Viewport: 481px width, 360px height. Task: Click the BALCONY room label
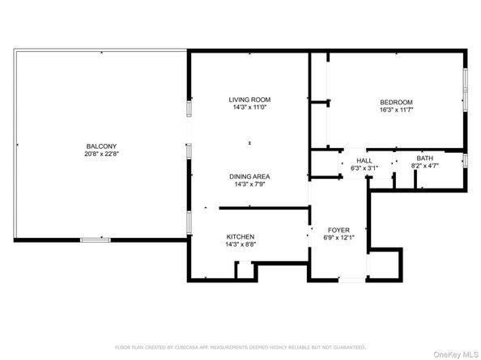click(x=101, y=146)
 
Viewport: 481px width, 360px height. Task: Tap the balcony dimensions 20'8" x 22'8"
click(x=101, y=154)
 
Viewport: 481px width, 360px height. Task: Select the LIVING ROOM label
click(x=249, y=100)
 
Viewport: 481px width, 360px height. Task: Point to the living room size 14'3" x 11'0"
click(x=249, y=108)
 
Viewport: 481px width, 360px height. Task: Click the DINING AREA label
click(x=249, y=176)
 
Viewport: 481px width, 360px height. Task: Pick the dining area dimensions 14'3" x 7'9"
click(x=249, y=184)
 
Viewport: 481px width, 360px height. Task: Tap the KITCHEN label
click(x=240, y=237)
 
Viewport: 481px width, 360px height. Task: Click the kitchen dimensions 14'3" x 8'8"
click(x=240, y=244)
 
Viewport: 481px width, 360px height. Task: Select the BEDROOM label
click(x=396, y=102)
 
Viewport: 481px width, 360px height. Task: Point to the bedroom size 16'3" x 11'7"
click(x=396, y=110)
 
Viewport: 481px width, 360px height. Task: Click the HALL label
click(x=364, y=160)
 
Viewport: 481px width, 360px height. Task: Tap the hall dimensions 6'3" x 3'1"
click(x=364, y=168)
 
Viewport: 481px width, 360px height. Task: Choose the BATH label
click(x=425, y=159)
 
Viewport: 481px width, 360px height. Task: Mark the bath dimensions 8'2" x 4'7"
click(x=425, y=166)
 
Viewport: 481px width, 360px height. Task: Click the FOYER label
click(x=338, y=230)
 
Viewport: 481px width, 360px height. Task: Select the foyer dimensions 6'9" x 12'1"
click(x=338, y=238)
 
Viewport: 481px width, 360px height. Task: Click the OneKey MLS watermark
click(x=456, y=355)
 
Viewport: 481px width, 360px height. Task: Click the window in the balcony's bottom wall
click(x=96, y=240)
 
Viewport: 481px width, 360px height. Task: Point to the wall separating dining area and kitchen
click(x=265, y=209)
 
